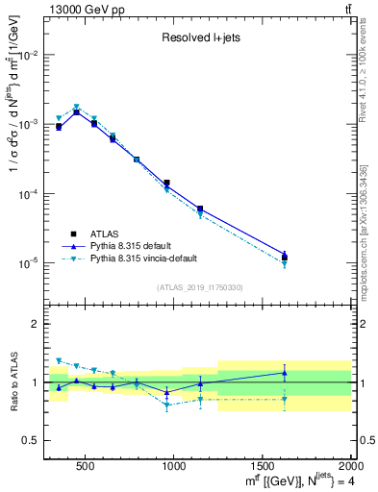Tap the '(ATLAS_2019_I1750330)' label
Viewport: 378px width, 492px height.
(200, 287)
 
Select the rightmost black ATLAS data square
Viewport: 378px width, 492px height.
(285, 257)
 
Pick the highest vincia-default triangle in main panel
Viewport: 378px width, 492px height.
(77, 108)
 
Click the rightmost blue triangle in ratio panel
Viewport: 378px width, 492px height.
(285, 373)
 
